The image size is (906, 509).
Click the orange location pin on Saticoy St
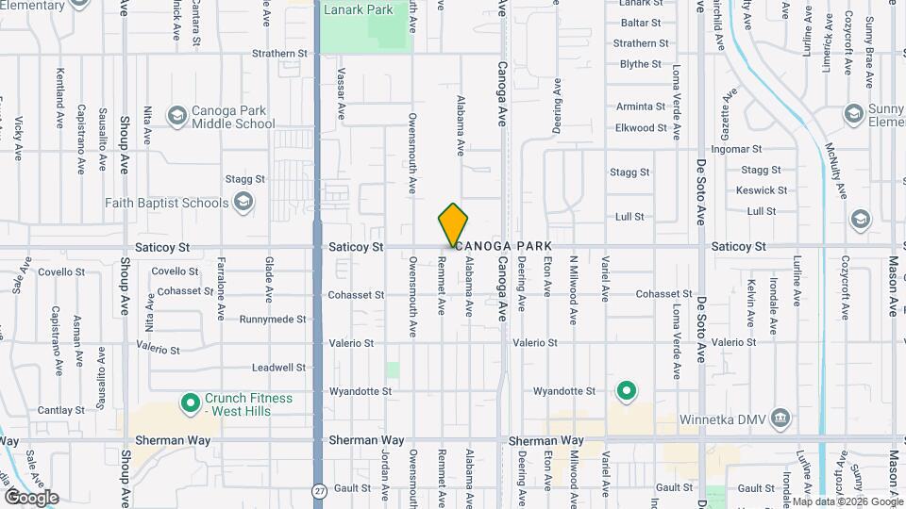[x=453, y=224]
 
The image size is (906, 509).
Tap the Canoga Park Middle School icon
[x=176, y=116]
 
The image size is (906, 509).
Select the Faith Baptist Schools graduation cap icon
[x=243, y=202]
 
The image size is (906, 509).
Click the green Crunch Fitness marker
[x=190, y=404]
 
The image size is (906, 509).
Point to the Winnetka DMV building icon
[x=780, y=418]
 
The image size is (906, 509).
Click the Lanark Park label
[x=358, y=11]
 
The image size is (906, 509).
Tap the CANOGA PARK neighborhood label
[x=506, y=246]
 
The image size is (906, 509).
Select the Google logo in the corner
[x=31, y=498]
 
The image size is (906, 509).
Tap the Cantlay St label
[x=62, y=410]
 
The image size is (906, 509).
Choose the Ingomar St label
[x=736, y=149]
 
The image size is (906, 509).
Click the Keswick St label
[x=763, y=189]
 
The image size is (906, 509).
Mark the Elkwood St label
[x=641, y=127]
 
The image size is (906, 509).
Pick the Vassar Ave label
[x=342, y=94]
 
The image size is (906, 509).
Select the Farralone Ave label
[x=222, y=283]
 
